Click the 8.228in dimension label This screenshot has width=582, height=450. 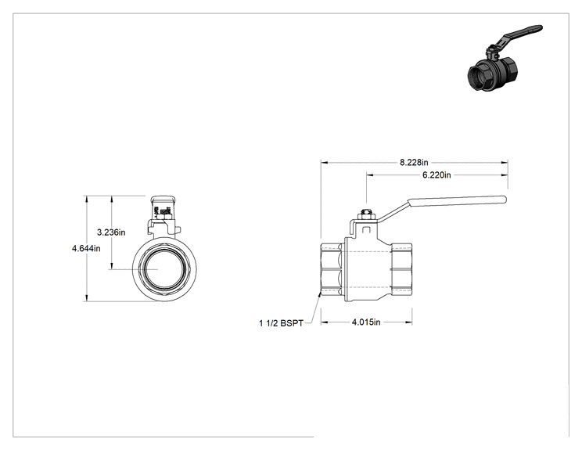click(x=414, y=163)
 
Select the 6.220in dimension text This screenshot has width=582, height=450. click(x=436, y=175)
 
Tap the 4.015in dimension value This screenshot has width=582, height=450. click(x=366, y=322)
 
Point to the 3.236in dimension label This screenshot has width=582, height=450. click(x=111, y=232)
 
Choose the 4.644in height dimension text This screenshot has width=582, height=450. click(x=86, y=248)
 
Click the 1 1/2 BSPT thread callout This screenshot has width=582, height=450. click(x=281, y=323)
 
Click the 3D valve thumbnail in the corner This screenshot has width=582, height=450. click(x=504, y=58)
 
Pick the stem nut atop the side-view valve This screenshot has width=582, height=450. click(x=366, y=214)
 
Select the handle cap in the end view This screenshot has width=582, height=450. click(x=163, y=200)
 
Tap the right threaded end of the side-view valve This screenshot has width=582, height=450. click(x=401, y=269)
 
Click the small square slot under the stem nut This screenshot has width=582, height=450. click(x=366, y=229)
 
